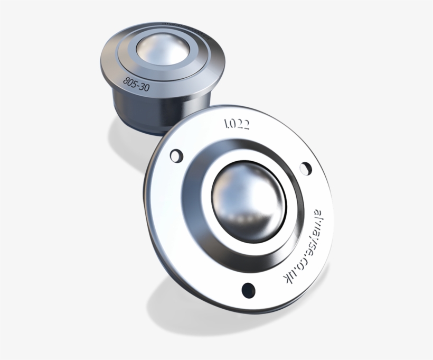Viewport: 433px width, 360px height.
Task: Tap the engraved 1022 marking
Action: [237, 124]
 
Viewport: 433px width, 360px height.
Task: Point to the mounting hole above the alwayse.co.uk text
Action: [305, 168]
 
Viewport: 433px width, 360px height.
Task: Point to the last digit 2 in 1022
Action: [247, 125]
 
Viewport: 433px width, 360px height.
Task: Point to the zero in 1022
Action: [232, 124]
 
